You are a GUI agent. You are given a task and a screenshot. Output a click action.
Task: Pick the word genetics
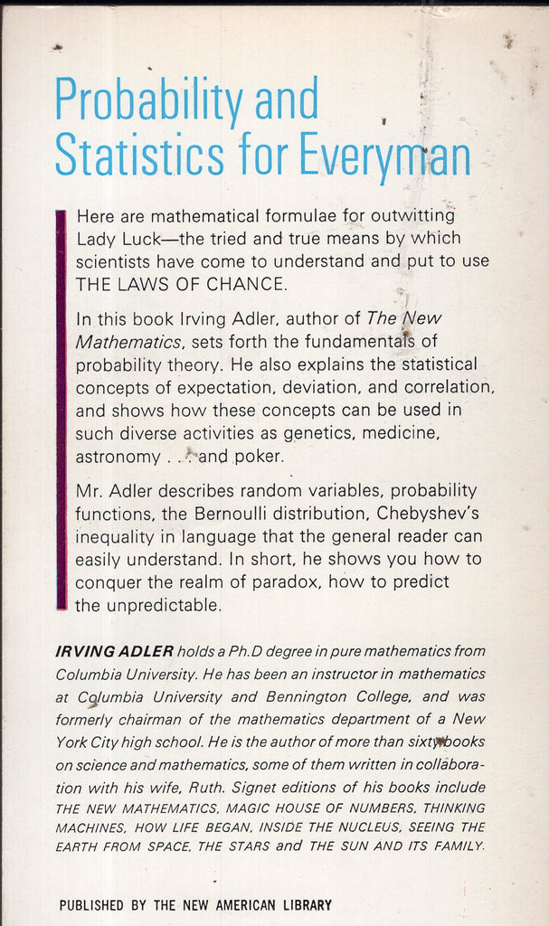[339, 433]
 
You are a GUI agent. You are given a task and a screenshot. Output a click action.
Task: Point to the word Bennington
[309, 697]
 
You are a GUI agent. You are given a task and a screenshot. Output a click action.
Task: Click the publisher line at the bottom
[195, 905]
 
